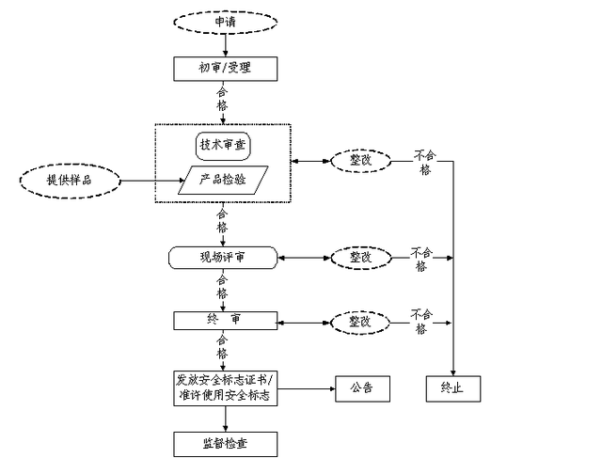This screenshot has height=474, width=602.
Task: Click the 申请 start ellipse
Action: (224, 21)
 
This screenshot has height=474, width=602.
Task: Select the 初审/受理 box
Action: (224, 68)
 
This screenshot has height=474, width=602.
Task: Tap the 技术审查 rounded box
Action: (224, 146)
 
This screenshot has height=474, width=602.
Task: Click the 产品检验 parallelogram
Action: (224, 180)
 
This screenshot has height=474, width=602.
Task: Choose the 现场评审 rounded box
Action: (224, 256)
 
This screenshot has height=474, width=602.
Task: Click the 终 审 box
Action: (224, 321)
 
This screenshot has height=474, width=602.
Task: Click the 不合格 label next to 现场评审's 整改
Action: (421, 259)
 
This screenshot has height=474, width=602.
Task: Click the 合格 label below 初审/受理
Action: (223, 100)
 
